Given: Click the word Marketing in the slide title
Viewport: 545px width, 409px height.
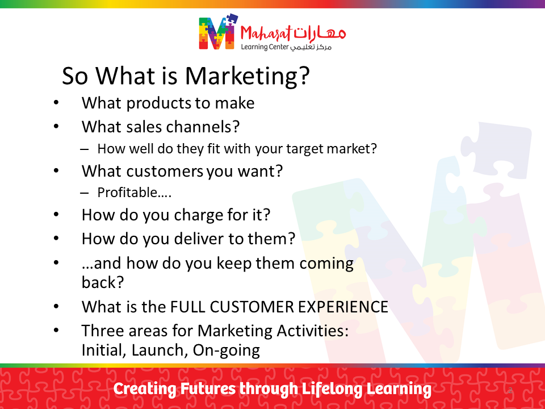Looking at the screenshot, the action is click(x=246, y=76).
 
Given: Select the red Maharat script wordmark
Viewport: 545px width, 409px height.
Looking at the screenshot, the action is click(x=266, y=34).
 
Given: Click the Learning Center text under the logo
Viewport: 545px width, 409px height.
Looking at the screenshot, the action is click(x=265, y=47).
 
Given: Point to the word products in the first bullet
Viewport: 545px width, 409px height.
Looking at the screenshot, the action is click(x=158, y=103).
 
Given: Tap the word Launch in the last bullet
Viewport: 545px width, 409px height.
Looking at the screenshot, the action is click(x=160, y=350).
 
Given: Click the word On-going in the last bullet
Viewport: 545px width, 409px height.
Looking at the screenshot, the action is click(x=227, y=350).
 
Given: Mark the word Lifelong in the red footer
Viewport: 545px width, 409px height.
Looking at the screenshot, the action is click(x=332, y=389).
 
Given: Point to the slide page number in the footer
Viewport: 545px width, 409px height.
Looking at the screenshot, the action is click(x=510, y=390).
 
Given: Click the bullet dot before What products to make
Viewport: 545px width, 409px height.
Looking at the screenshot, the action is click(x=56, y=103).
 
